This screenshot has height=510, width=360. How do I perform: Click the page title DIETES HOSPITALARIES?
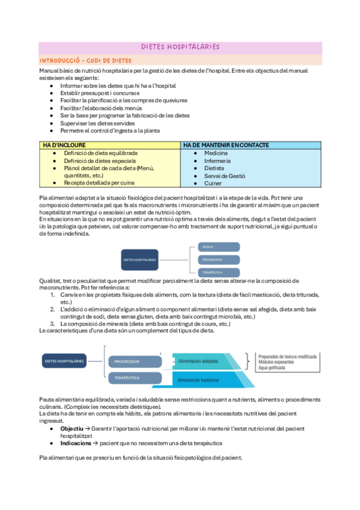(180, 46)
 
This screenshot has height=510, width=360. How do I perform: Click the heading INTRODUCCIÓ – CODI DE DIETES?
(85, 61)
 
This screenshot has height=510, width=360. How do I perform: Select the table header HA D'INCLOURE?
(64, 145)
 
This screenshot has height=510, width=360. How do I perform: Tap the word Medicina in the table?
(216, 153)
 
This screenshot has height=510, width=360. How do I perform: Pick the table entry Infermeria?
(217, 161)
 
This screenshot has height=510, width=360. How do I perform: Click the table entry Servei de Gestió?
(225, 176)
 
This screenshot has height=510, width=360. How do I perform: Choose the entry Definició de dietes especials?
(100, 161)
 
